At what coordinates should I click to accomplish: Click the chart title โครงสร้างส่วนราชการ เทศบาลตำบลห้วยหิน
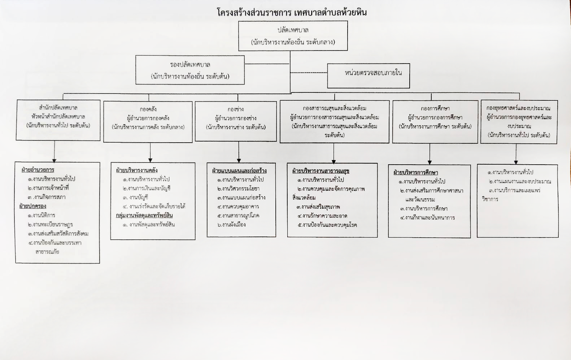(292, 13)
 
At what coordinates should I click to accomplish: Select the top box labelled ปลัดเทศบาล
(293, 36)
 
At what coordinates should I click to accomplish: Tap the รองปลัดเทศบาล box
(190, 70)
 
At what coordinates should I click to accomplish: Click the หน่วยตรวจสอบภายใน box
(369, 75)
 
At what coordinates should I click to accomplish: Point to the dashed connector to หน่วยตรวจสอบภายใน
(309, 73)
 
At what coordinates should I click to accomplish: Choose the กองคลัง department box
(148, 122)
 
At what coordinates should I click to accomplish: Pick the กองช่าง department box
(236, 121)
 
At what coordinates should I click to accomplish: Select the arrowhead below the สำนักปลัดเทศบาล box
(55, 159)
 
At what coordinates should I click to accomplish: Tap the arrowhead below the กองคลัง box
(151, 160)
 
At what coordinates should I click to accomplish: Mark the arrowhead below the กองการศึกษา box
(430, 162)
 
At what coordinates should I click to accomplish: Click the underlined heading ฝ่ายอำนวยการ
(38, 170)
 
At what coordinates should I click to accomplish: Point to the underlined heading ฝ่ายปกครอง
(33, 206)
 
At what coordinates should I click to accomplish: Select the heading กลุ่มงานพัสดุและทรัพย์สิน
(144, 216)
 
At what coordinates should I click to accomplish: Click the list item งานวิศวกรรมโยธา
(239, 188)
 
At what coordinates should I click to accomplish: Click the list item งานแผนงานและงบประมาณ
(520, 181)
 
